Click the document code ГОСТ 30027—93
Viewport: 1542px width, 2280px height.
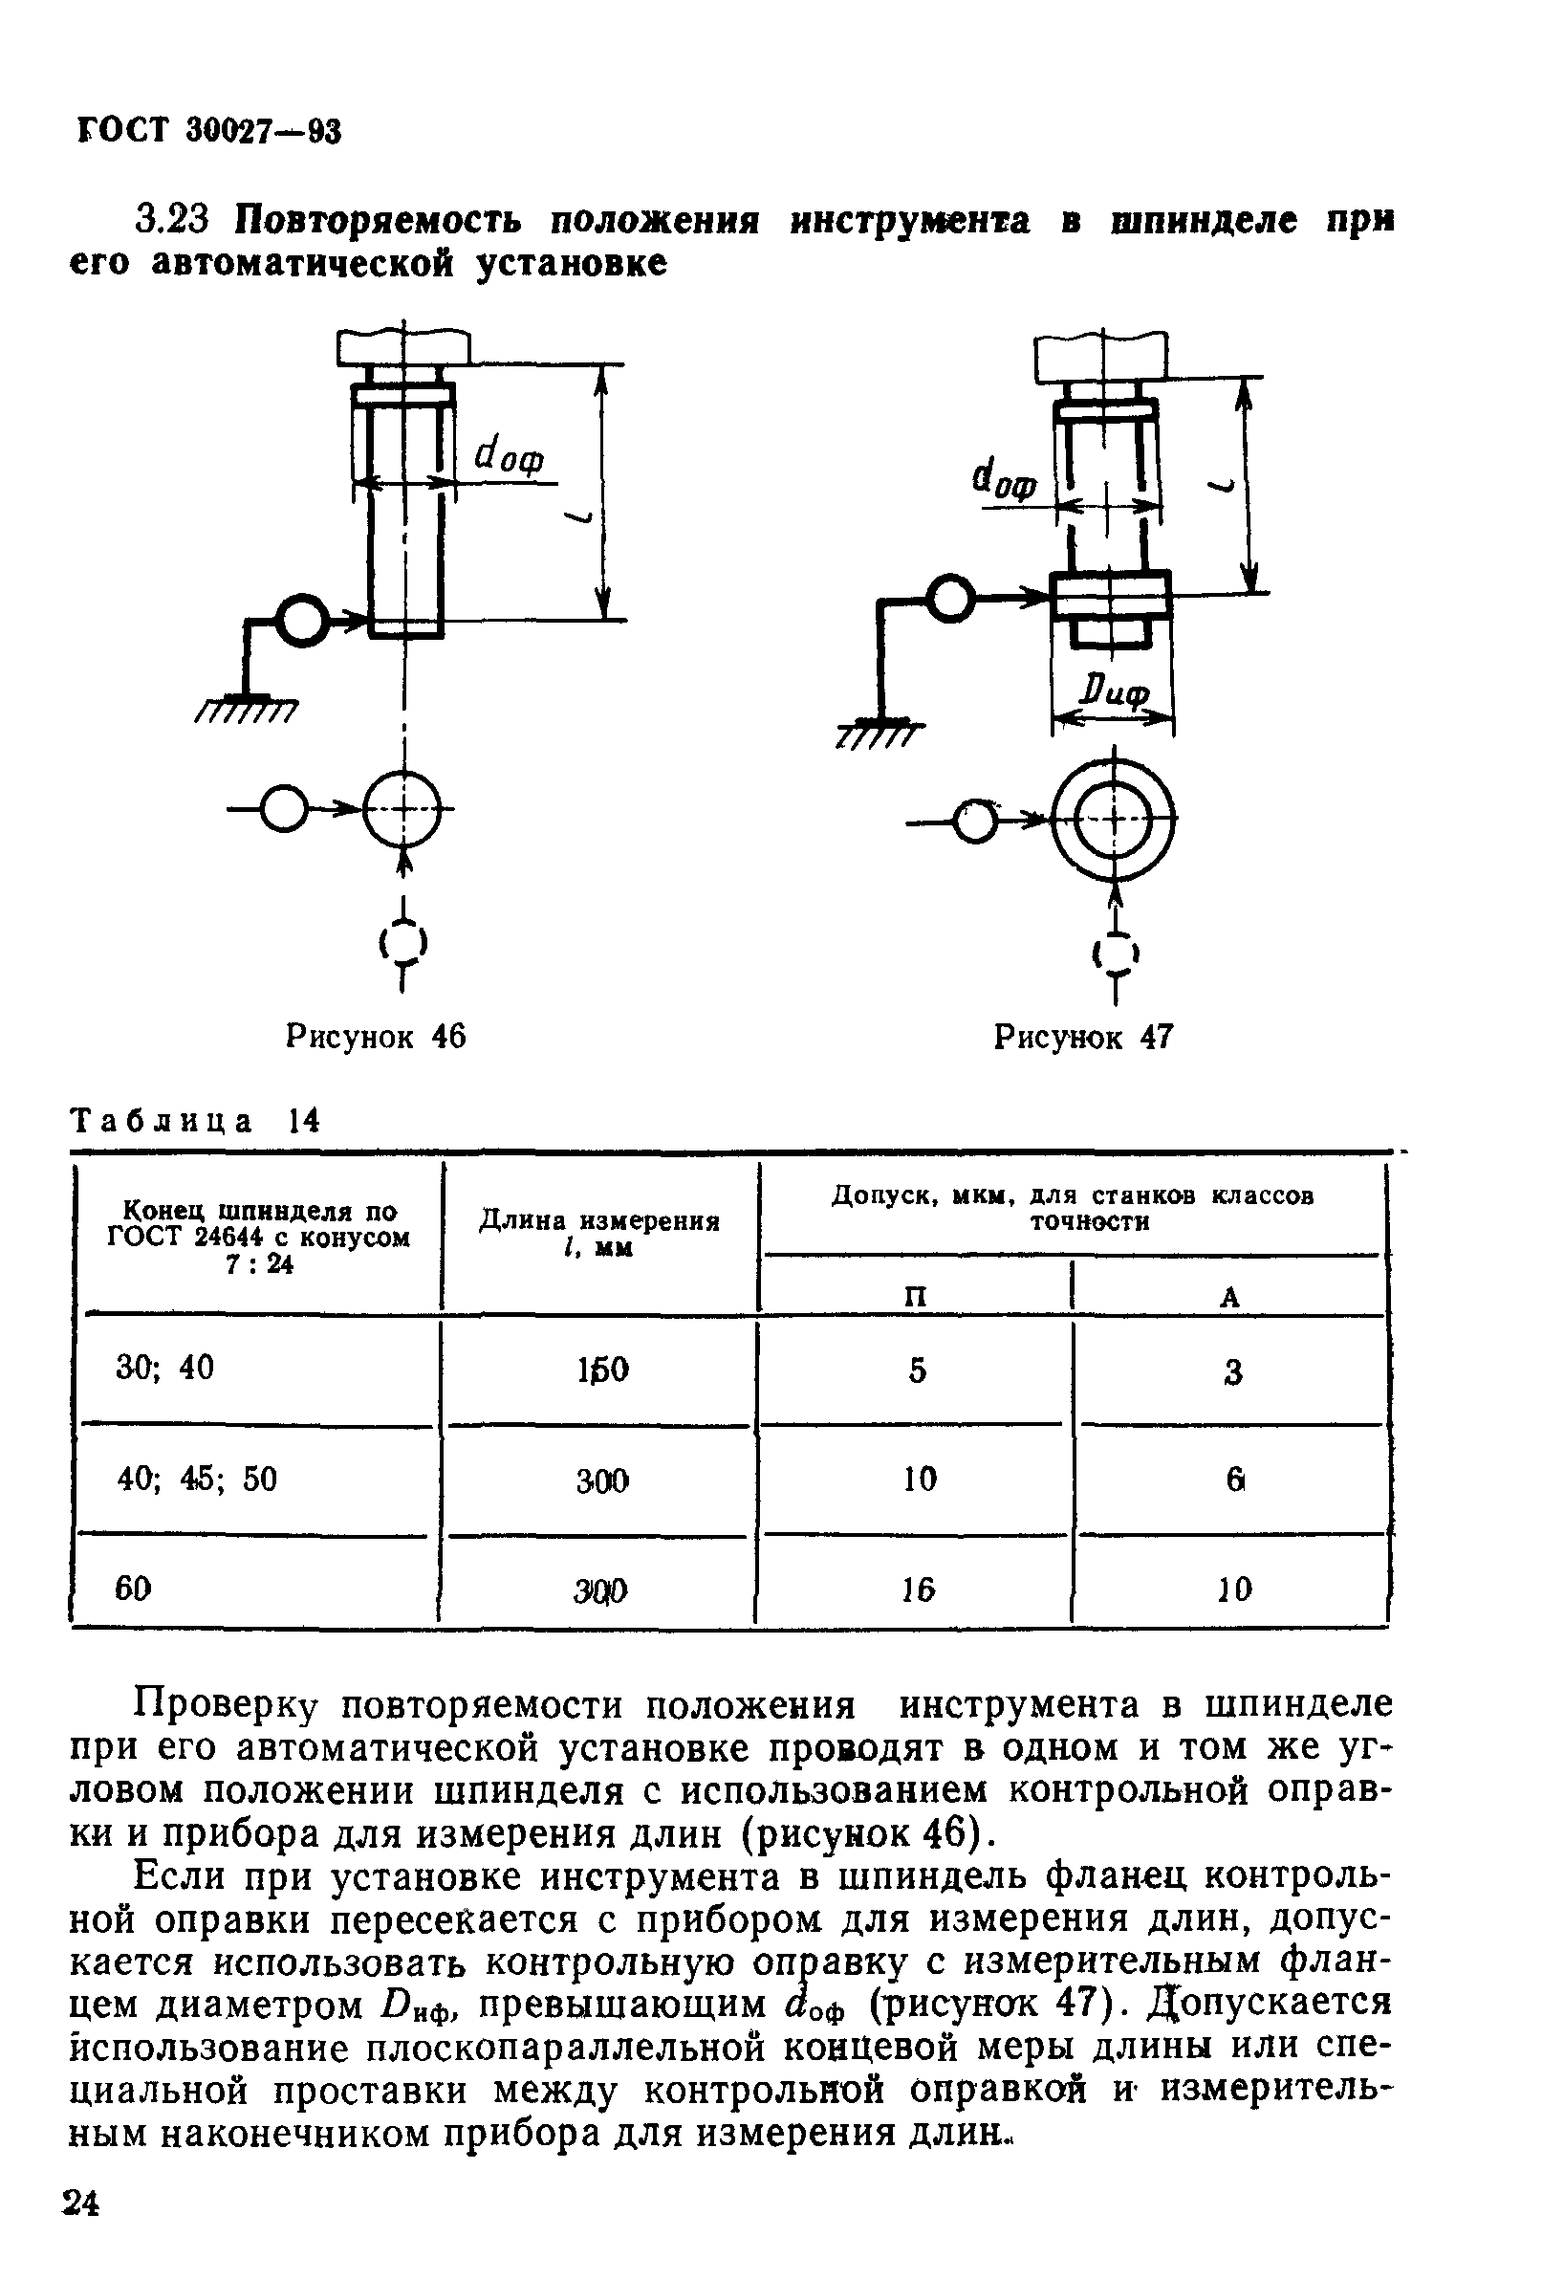pyautogui.click(x=208, y=130)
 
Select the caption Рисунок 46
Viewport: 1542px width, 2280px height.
pyautogui.click(x=376, y=1036)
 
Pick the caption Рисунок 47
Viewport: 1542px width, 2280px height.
pyautogui.click(x=1084, y=1037)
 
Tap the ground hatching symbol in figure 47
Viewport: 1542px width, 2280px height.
pyautogui.click(x=879, y=734)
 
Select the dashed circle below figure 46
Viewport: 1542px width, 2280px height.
pyautogui.click(x=403, y=944)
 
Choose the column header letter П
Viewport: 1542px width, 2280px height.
pyautogui.click(x=914, y=1296)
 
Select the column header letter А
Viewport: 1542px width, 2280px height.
pyautogui.click(x=1230, y=1297)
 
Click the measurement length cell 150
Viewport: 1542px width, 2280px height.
pyautogui.click(x=602, y=1370)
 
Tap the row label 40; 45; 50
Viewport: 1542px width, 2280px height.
pyautogui.click(x=197, y=1479)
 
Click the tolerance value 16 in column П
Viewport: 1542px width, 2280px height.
pyautogui.click(x=918, y=1589)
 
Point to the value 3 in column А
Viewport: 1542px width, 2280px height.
pyautogui.click(x=1233, y=1371)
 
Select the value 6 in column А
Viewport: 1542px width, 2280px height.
pyautogui.click(x=1235, y=1480)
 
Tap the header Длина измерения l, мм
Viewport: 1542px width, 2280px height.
pyautogui.click(x=599, y=1233)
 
